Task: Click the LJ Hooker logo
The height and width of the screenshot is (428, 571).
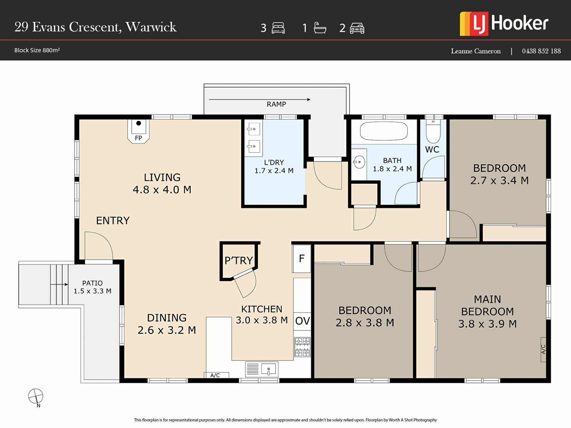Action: (x=504, y=24)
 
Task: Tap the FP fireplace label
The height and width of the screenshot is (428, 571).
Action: (x=138, y=138)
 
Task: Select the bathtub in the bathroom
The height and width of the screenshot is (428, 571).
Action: (x=384, y=131)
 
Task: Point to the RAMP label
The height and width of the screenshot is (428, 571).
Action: (x=276, y=104)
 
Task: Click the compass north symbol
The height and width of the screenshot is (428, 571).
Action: (x=36, y=397)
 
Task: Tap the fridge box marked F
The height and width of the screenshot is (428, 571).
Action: (x=302, y=259)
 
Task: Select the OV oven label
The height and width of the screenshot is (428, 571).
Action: (x=302, y=321)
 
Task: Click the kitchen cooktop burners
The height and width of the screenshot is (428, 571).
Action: (x=302, y=347)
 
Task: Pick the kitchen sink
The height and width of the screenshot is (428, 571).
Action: (x=262, y=369)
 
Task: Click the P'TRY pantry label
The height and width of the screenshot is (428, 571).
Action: (x=239, y=261)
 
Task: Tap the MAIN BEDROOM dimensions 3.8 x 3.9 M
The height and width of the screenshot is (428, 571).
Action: (x=487, y=324)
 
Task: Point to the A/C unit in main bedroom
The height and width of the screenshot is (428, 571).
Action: (x=543, y=350)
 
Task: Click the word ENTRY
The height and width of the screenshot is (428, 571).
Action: (x=113, y=221)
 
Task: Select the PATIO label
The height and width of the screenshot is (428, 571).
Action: (x=92, y=283)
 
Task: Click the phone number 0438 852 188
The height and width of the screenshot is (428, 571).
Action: (x=541, y=51)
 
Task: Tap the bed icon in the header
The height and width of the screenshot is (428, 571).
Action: (x=278, y=28)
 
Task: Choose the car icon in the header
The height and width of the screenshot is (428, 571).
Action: (x=357, y=28)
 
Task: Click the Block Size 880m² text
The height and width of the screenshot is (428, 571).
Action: (x=37, y=50)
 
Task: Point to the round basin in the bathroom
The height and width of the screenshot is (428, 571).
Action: (x=359, y=162)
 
